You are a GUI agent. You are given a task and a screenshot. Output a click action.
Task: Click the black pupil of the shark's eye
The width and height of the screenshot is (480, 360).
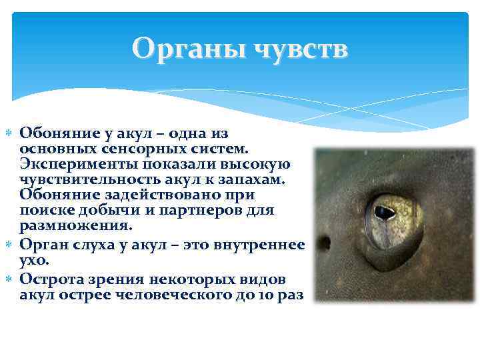(384, 213)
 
